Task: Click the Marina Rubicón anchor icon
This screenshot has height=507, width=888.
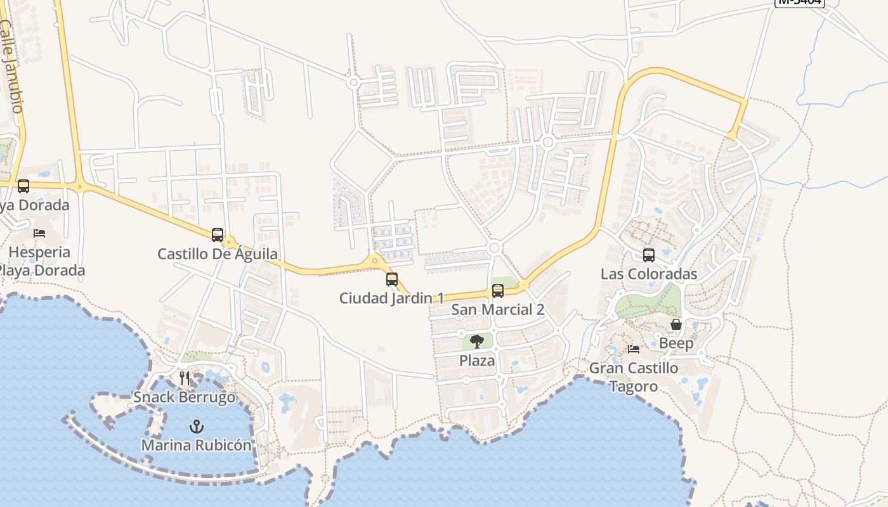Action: (x=197, y=427)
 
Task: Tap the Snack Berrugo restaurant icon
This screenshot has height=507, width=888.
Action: (x=185, y=379)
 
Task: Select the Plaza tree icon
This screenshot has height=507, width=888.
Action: (x=477, y=342)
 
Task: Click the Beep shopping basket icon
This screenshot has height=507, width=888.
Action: (x=676, y=325)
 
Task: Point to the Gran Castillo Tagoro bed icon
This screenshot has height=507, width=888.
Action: (x=633, y=349)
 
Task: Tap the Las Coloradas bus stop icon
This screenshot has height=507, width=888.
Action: (x=648, y=255)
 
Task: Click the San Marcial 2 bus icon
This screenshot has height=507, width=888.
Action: (x=498, y=291)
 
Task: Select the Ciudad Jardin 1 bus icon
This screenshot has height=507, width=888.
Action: (x=392, y=279)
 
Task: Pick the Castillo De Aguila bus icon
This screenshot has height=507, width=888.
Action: (x=218, y=235)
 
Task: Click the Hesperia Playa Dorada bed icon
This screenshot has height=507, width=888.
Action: (x=39, y=233)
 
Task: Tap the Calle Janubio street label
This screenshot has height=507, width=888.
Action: (x=11, y=66)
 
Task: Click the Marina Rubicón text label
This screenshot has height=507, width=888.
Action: (x=197, y=445)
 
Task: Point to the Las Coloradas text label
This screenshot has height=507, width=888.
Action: (x=649, y=274)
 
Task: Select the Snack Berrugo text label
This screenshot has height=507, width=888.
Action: (x=184, y=397)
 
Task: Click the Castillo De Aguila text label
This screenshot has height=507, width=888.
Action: (x=218, y=254)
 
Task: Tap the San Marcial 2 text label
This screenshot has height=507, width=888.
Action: (x=498, y=309)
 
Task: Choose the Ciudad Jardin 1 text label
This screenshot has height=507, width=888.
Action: (x=392, y=298)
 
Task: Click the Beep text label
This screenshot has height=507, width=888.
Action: (x=676, y=343)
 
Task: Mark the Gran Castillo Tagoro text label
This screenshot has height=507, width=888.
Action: (x=634, y=377)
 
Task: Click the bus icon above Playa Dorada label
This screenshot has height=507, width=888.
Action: (x=23, y=186)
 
